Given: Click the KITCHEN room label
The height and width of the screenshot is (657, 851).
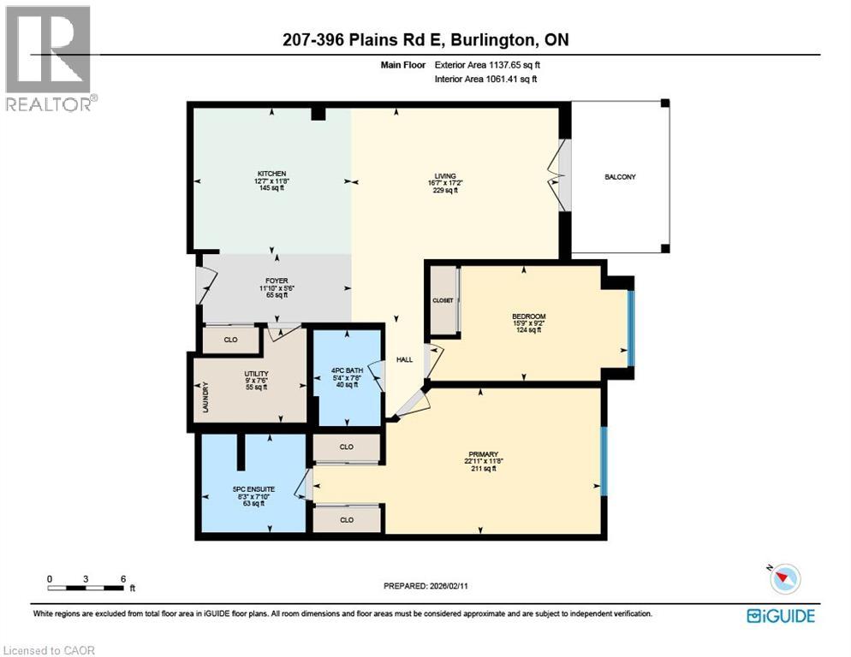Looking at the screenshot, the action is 272,174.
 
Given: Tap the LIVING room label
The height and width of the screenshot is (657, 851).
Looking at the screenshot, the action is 445,175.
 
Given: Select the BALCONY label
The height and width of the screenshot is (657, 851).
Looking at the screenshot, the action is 620,177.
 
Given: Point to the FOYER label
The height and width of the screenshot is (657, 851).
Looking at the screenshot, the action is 277,281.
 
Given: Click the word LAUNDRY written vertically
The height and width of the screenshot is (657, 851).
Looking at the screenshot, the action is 205,397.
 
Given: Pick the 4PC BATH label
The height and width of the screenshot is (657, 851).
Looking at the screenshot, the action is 348,370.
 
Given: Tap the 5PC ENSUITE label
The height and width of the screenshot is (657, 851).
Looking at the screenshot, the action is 254,488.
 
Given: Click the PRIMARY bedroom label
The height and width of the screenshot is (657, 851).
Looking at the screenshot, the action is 484,454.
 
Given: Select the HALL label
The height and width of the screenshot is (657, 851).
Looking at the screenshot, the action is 404,359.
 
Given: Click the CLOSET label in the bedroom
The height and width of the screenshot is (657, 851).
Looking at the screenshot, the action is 443,300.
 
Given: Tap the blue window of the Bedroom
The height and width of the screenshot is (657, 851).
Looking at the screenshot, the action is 631,328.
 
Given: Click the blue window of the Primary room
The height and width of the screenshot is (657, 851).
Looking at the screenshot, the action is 604,461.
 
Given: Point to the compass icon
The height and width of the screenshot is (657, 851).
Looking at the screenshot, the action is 785,578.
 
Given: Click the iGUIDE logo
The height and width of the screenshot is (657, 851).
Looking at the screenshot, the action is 781,616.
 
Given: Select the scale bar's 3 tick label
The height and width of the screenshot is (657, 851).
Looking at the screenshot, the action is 86,579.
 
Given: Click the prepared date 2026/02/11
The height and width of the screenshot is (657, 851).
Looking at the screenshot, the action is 449,586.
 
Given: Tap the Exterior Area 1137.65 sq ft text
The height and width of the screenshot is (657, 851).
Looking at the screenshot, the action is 487,65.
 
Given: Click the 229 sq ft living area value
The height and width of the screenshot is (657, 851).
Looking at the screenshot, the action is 445,191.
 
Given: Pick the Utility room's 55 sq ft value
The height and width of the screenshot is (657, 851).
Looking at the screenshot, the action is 256,388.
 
